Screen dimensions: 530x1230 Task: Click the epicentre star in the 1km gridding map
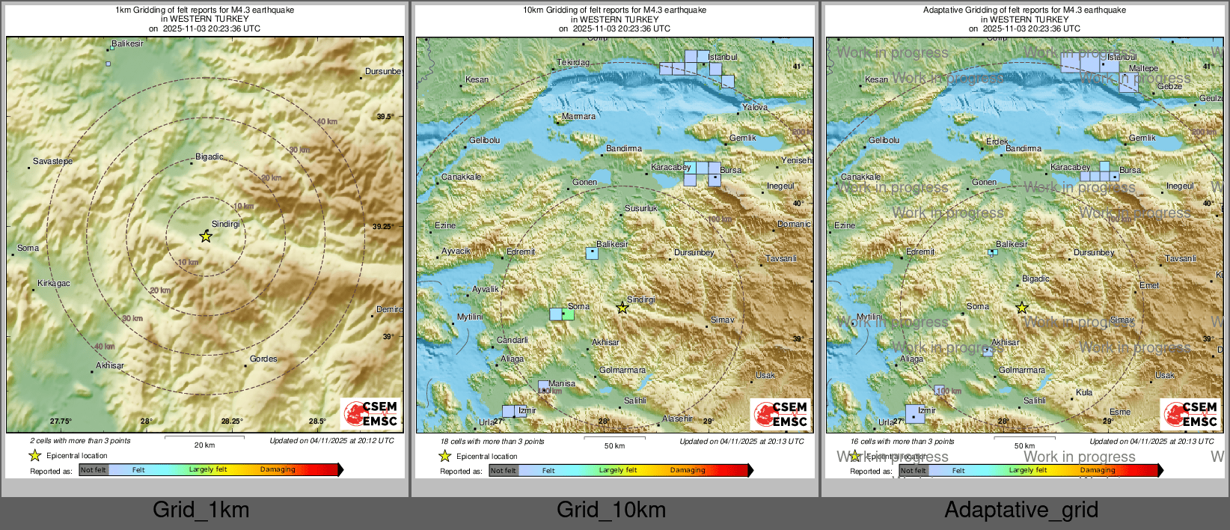click(206, 237)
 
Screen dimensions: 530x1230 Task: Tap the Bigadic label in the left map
click(209, 157)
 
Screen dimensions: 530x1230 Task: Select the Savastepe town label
click(52, 162)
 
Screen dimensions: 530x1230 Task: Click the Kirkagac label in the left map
click(54, 284)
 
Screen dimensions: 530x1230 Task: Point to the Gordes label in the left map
click(263, 359)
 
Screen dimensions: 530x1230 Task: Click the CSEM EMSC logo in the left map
click(372, 414)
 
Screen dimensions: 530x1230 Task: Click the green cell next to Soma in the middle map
click(569, 314)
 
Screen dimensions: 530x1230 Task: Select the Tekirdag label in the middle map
click(573, 63)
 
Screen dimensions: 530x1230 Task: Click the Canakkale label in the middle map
click(461, 177)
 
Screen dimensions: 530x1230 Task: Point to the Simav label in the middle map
click(722, 320)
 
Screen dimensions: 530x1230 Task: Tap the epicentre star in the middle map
click(622, 308)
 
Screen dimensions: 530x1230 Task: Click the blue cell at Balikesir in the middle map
click(592, 253)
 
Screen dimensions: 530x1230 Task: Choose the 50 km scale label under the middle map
click(614, 446)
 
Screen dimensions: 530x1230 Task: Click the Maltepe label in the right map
click(1143, 69)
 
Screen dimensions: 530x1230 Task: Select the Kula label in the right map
click(1084, 393)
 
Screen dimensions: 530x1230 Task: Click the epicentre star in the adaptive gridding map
click(1022, 308)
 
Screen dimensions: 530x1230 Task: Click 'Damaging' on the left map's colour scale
click(278, 470)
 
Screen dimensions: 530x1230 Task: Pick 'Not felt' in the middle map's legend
click(504, 471)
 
